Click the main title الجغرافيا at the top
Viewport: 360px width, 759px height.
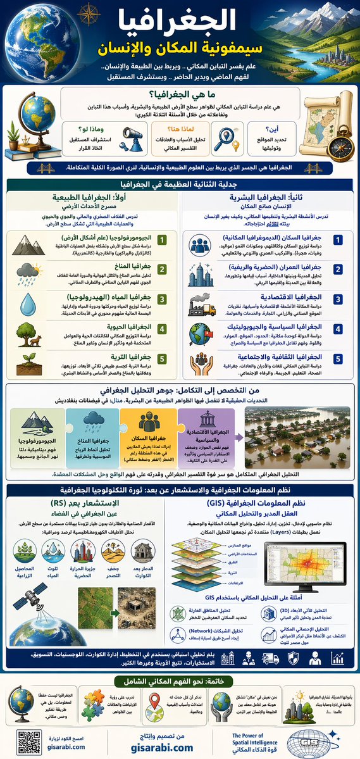click(x=181, y=23)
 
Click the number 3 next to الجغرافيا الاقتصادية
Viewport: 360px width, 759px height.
click(x=338, y=299)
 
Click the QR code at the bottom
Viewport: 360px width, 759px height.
click(x=26, y=739)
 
